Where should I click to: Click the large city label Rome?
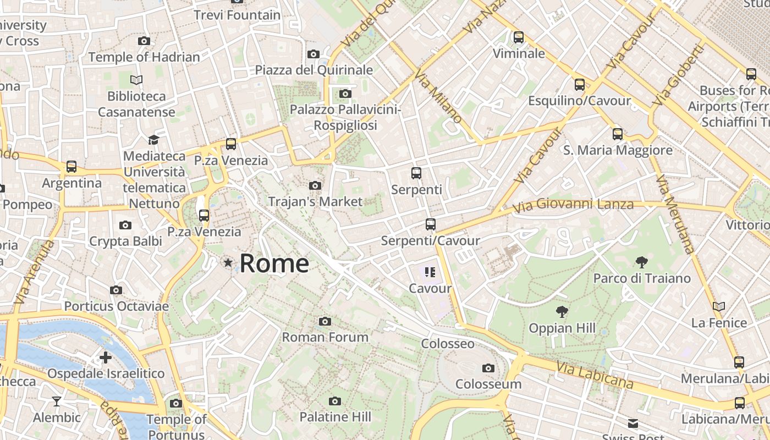point(274,263)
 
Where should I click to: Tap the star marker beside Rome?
point(228,263)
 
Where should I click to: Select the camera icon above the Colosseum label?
point(488,368)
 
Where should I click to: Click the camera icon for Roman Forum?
point(325,321)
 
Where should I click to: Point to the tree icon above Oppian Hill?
point(562,312)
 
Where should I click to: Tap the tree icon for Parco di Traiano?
point(641,262)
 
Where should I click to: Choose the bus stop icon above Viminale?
point(519,37)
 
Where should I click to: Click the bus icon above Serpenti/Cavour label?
point(430,224)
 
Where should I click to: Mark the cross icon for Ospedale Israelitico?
point(105,358)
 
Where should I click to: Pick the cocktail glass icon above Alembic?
point(56,401)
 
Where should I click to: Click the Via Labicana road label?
point(594,375)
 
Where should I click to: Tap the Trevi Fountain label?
point(237,15)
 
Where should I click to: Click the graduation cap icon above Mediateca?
point(153,140)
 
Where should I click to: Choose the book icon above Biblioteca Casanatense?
point(136,80)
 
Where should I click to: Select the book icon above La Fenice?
point(719,306)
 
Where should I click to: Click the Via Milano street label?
point(438,96)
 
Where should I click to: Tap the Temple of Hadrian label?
point(144,57)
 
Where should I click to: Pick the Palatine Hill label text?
point(335,417)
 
